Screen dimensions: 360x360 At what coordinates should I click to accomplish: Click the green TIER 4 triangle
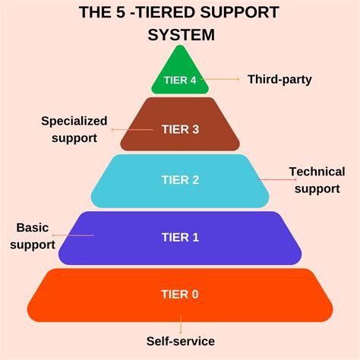click(x=180, y=68)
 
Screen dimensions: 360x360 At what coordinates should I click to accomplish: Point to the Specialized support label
click(x=74, y=129)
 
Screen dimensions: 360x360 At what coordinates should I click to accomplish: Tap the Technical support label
click(x=317, y=180)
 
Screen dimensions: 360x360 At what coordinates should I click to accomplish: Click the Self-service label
click(x=181, y=342)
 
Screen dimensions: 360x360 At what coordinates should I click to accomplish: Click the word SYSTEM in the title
click(x=181, y=34)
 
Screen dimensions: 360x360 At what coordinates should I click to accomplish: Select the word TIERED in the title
click(x=158, y=13)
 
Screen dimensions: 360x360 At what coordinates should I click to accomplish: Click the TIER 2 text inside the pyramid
click(x=180, y=180)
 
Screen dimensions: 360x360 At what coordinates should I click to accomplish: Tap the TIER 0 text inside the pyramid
click(x=180, y=294)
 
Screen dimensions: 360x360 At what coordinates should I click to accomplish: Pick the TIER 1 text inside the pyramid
click(x=180, y=237)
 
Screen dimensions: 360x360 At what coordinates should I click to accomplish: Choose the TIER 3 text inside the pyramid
click(x=180, y=129)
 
